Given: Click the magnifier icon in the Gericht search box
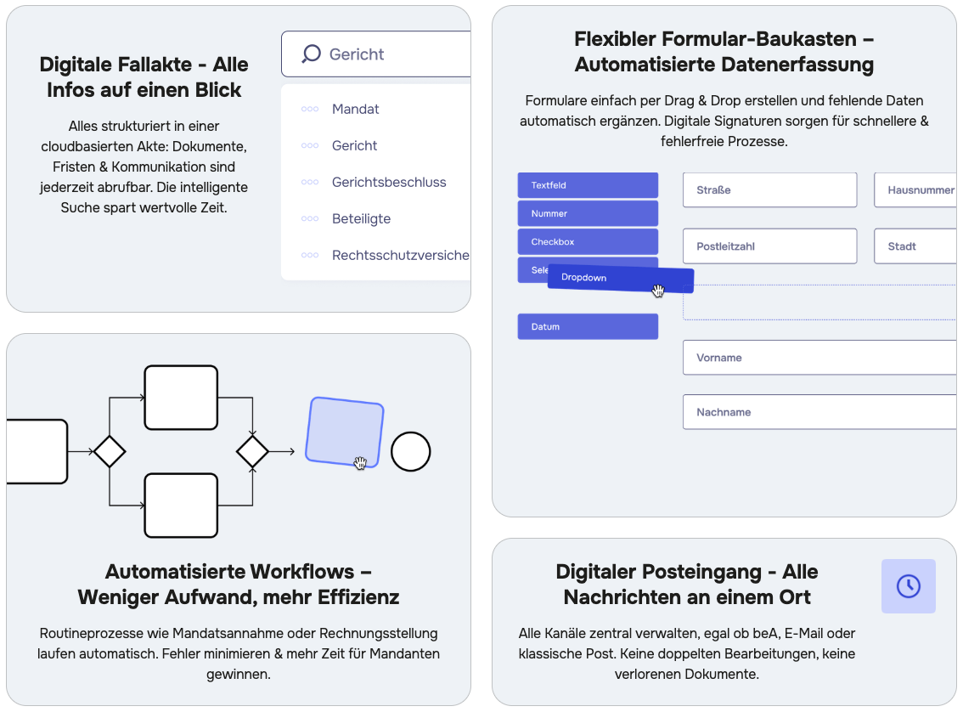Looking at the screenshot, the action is [x=312, y=54].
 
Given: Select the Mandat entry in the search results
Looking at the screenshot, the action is [x=355, y=109].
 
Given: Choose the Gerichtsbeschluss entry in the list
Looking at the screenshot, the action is [x=389, y=182].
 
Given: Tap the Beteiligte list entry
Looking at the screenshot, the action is [x=361, y=218].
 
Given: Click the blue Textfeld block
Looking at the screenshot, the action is [x=588, y=185].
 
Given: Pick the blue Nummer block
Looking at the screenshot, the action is [x=588, y=213].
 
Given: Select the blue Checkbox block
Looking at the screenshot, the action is [x=588, y=241].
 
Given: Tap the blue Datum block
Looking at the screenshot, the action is [x=588, y=326].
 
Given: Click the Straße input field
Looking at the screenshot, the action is [x=769, y=189].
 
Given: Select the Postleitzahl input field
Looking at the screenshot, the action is [x=769, y=246].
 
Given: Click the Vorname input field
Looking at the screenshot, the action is [x=819, y=358].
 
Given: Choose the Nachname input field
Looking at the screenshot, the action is [x=819, y=411].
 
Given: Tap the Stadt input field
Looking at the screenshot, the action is [x=915, y=246].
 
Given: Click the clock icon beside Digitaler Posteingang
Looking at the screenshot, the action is [x=909, y=586].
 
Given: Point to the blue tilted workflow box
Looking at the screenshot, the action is [x=345, y=432].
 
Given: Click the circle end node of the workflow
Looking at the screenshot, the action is [x=411, y=451].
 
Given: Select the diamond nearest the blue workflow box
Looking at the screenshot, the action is [x=252, y=451].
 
